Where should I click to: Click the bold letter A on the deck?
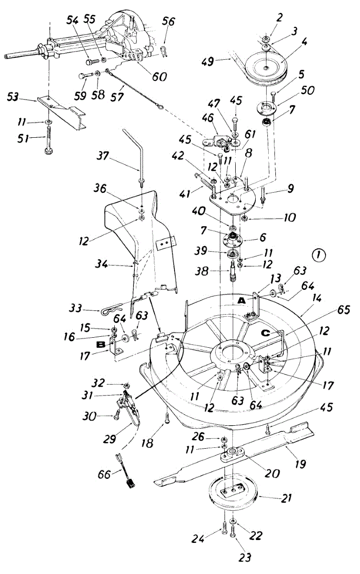(242, 300)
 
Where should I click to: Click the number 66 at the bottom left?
(104, 474)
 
